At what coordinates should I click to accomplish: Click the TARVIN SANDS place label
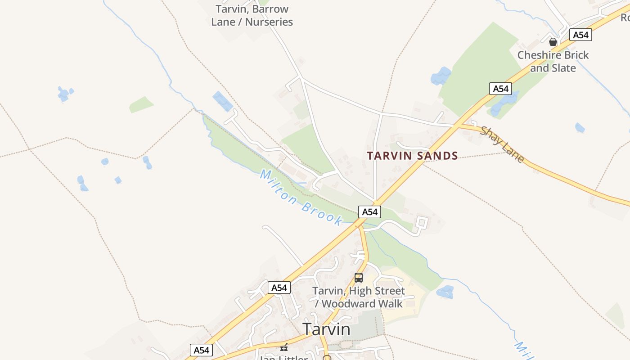tap(412, 156)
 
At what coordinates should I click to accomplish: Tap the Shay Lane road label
tap(502, 144)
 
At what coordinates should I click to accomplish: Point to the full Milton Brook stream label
tap(301, 197)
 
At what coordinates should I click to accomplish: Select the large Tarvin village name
tap(326, 329)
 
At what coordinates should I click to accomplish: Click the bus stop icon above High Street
tap(359, 278)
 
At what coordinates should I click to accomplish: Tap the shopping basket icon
tap(553, 42)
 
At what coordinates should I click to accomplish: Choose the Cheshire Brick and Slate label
tap(553, 62)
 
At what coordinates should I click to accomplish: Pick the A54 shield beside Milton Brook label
tap(369, 212)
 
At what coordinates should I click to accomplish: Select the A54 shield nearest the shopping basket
tap(580, 35)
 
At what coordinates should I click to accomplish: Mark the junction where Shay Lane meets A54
tap(455, 126)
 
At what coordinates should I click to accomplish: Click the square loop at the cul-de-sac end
tap(422, 222)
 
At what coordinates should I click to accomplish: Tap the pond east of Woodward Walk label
tap(445, 292)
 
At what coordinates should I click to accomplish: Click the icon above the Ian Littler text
tap(284, 347)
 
